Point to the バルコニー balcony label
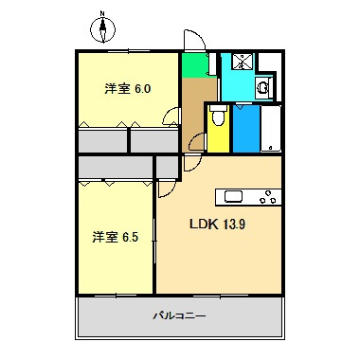click(x=179, y=315)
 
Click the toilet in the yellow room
click(x=218, y=118)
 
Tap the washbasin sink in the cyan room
click(x=263, y=88)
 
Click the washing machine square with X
click(x=243, y=63)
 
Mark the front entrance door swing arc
click(x=194, y=40)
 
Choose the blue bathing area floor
click(x=245, y=128)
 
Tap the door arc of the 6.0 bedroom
click(x=171, y=117)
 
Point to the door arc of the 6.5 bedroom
click(x=163, y=187)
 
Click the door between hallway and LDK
click(x=196, y=142)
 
